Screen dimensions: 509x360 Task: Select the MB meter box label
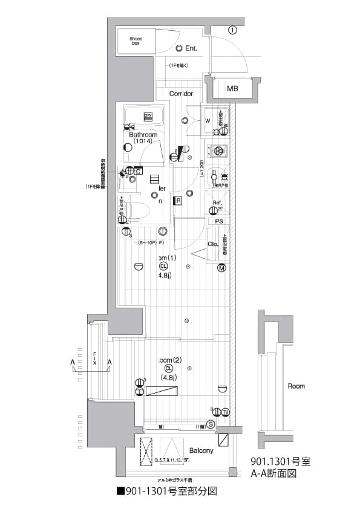click(x=232, y=89)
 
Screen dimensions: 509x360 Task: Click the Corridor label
click(x=181, y=94)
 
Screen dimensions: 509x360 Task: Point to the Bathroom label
click(x=143, y=135)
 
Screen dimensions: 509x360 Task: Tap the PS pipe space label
click(x=218, y=221)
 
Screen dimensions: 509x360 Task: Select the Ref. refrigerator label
click(x=217, y=203)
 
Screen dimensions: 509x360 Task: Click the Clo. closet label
click(x=213, y=244)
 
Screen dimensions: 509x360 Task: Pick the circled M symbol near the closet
click(x=221, y=268)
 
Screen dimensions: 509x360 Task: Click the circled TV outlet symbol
click(x=225, y=412)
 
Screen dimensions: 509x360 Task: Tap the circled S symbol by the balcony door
click(x=210, y=425)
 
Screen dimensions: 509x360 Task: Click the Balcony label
click(x=201, y=451)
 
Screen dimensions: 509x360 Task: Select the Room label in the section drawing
click(x=296, y=386)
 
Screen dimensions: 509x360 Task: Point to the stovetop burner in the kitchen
click(x=218, y=152)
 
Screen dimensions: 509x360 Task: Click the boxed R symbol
click(x=179, y=201)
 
